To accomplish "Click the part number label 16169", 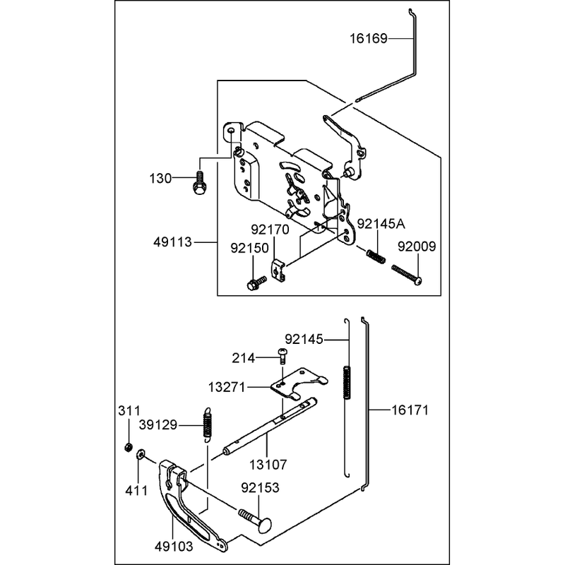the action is pyautogui.click(x=368, y=38).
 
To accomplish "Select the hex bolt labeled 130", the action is pyautogui.click(x=198, y=183).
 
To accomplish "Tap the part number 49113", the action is pyautogui.click(x=172, y=242).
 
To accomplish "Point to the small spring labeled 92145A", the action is pyautogui.click(x=376, y=256).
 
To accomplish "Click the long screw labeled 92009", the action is pyautogui.click(x=407, y=275).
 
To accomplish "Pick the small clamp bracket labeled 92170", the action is pyautogui.click(x=278, y=271).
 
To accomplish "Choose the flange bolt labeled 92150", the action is pyautogui.click(x=256, y=283).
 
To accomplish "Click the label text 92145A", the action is pyautogui.click(x=381, y=224).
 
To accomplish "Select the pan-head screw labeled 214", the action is pyautogui.click(x=282, y=357).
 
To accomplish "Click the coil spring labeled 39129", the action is pyautogui.click(x=207, y=425).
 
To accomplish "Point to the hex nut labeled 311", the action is pyautogui.click(x=127, y=448).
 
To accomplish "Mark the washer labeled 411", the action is pyautogui.click(x=140, y=454).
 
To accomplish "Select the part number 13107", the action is pyautogui.click(x=268, y=465).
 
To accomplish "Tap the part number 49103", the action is pyautogui.click(x=174, y=546).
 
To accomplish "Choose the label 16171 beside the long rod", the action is pyautogui.click(x=410, y=410).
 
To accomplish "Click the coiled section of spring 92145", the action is pyautogui.click(x=347, y=382).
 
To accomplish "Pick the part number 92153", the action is pyautogui.click(x=260, y=487).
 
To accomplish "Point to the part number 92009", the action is pyautogui.click(x=417, y=246).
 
